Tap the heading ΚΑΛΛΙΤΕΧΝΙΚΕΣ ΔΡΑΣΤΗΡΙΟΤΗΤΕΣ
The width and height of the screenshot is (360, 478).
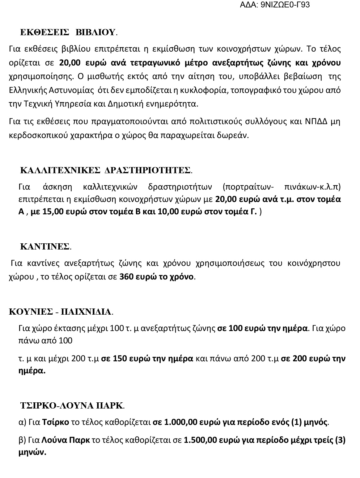click(x=105, y=170)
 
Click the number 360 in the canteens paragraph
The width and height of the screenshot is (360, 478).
click(x=126, y=276)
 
